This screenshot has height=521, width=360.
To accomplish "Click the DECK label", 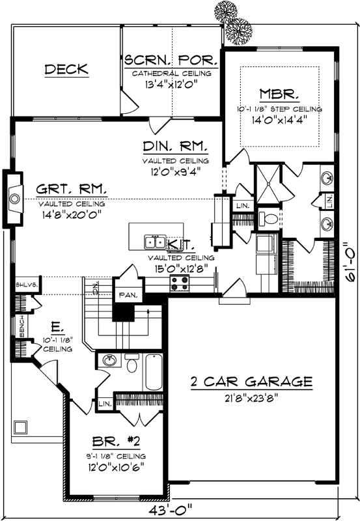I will coord(66,69).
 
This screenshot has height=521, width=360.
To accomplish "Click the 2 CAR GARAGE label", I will coord(251,381).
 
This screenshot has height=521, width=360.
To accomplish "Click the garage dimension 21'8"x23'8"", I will coord(251,397).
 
